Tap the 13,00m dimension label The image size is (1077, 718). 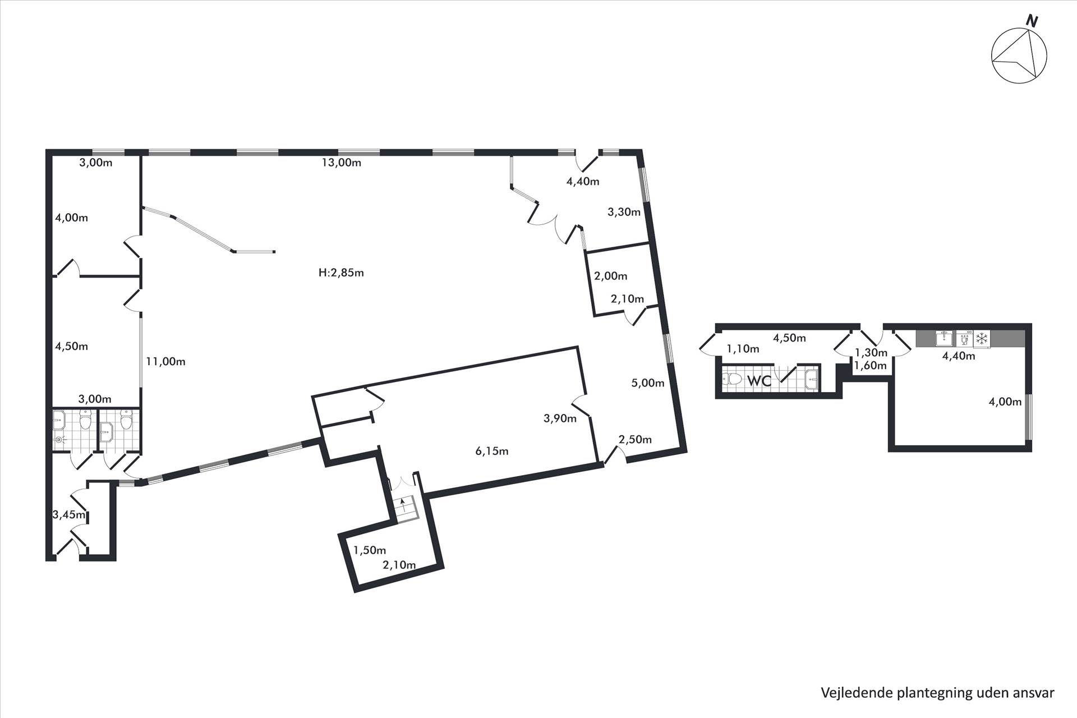tap(341, 163)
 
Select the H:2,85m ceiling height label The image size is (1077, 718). tap(341, 273)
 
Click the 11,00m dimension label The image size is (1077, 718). tap(165, 362)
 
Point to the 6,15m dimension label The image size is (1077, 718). tap(492, 451)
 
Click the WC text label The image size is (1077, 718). tap(759, 381)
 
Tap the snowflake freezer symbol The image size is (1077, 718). tap(982, 339)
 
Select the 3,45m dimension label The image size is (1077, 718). tap(69, 514)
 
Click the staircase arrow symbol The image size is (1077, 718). tap(402, 502)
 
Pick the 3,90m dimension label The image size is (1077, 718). tap(560, 418)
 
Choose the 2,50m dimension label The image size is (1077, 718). tap(635, 439)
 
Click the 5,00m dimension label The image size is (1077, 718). tap(648, 383)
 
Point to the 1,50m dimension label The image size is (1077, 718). tap(370, 550)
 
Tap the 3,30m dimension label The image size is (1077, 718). tap(624, 212)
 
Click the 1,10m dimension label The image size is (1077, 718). tap(743, 349)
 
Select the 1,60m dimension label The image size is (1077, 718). tap(871, 366)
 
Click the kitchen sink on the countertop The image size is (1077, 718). tap(944, 339)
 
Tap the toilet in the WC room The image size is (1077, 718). tap(733, 380)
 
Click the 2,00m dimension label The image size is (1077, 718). tap(611, 276)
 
